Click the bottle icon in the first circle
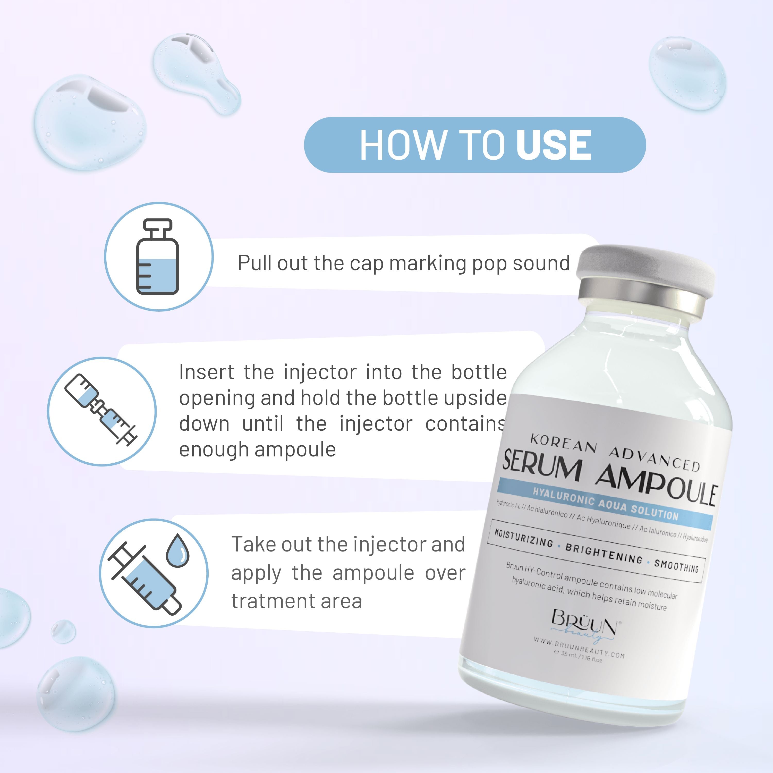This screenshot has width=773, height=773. point(158,257)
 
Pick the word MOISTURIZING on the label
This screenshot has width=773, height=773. point(524,538)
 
